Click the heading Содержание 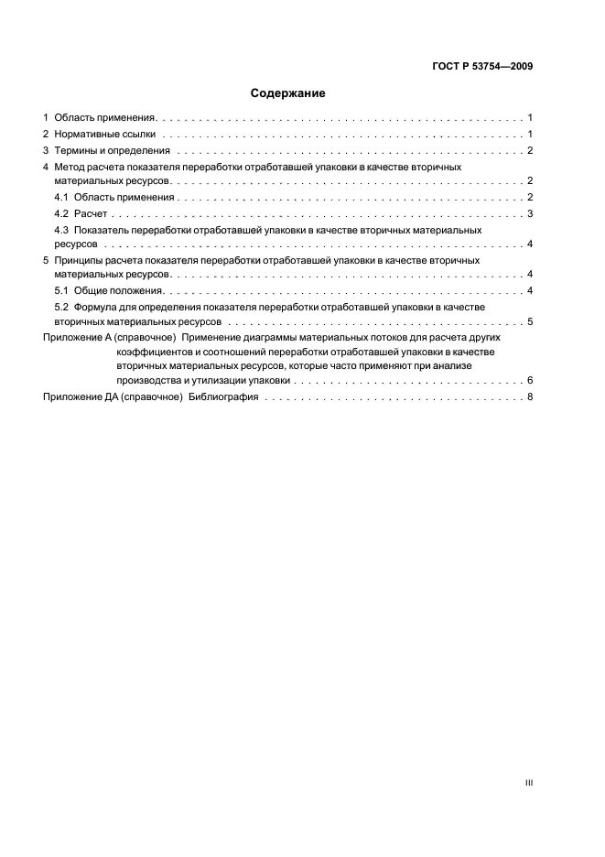[288, 93]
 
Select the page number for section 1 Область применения [530, 118]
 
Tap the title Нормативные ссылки [105, 135]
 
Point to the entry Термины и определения [112, 150]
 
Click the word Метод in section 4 [70, 168]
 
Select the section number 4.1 [62, 198]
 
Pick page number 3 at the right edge [530, 213]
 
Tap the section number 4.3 [62, 230]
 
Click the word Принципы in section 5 [80, 261]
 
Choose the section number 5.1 [62, 290]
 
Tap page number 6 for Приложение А [530, 380]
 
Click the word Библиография [223, 397]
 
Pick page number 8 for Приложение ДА [530, 397]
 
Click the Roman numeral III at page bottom [528, 784]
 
